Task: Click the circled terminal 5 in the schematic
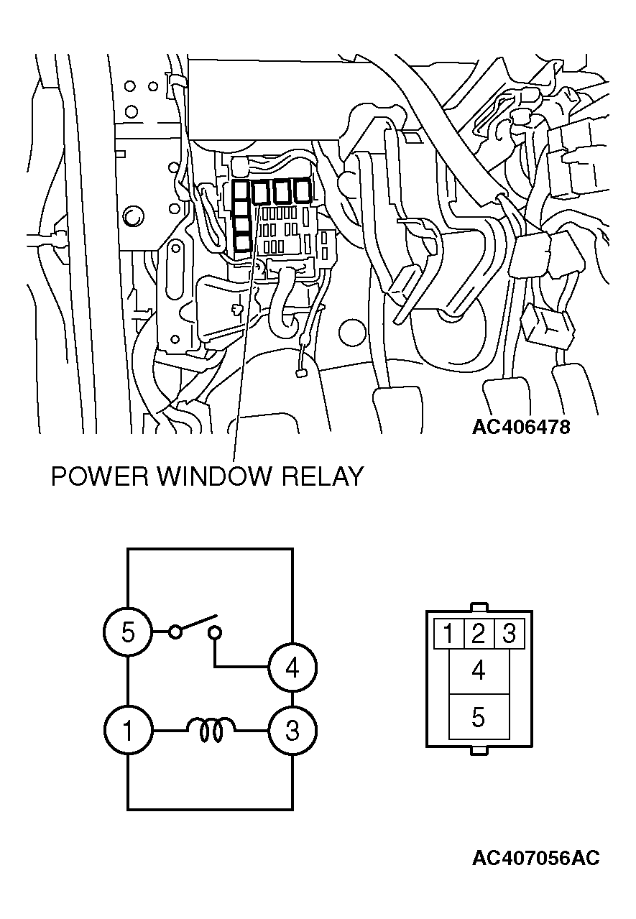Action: click(x=128, y=632)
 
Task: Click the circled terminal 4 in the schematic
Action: click(x=292, y=668)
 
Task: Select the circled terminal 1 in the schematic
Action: click(x=128, y=730)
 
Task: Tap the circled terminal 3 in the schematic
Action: click(x=292, y=730)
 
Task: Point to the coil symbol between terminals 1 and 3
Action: click(x=211, y=730)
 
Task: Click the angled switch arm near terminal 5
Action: click(x=198, y=622)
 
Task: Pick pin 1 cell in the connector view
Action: click(x=449, y=634)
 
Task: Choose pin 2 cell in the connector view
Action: click(x=479, y=634)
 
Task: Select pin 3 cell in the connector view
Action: click(x=510, y=634)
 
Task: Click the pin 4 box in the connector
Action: click(x=479, y=672)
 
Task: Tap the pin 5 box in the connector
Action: click(x=479, y=717)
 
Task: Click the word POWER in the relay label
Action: click(x=100, y=476)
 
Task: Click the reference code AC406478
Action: click(x=521, y=427)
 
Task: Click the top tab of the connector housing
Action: click(x=479, y=606)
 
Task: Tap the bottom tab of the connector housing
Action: click(x=479, y=751)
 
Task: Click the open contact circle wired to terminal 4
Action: click(x=215, y=633)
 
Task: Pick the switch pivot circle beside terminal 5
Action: click(x=175, y=632)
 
